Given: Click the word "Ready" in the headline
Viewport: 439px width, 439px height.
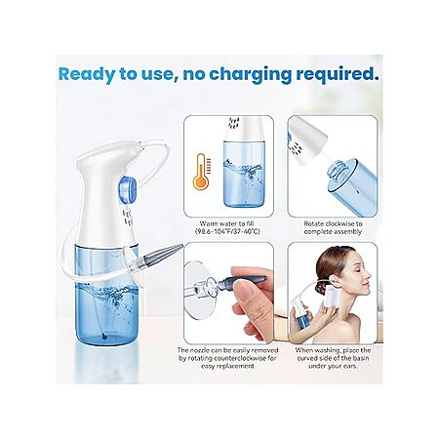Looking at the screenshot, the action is (87, 74).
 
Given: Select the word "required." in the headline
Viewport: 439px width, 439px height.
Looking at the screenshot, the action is (338, 75).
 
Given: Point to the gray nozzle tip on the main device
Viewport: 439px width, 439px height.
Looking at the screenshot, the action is (165, 254).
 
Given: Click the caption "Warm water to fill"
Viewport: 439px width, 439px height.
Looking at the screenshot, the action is (226, 223).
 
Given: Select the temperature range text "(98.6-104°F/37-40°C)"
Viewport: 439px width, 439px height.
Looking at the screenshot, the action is (227, 231).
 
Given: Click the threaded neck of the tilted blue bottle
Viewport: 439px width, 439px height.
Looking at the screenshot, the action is (338, 172).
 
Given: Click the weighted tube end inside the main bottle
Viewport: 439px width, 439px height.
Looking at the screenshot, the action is (103, 337).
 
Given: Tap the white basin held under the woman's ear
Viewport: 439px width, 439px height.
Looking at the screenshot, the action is (335, 297).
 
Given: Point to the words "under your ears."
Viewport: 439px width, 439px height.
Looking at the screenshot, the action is (333, 366).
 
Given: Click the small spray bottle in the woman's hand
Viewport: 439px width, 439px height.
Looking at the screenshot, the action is (299, 316).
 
